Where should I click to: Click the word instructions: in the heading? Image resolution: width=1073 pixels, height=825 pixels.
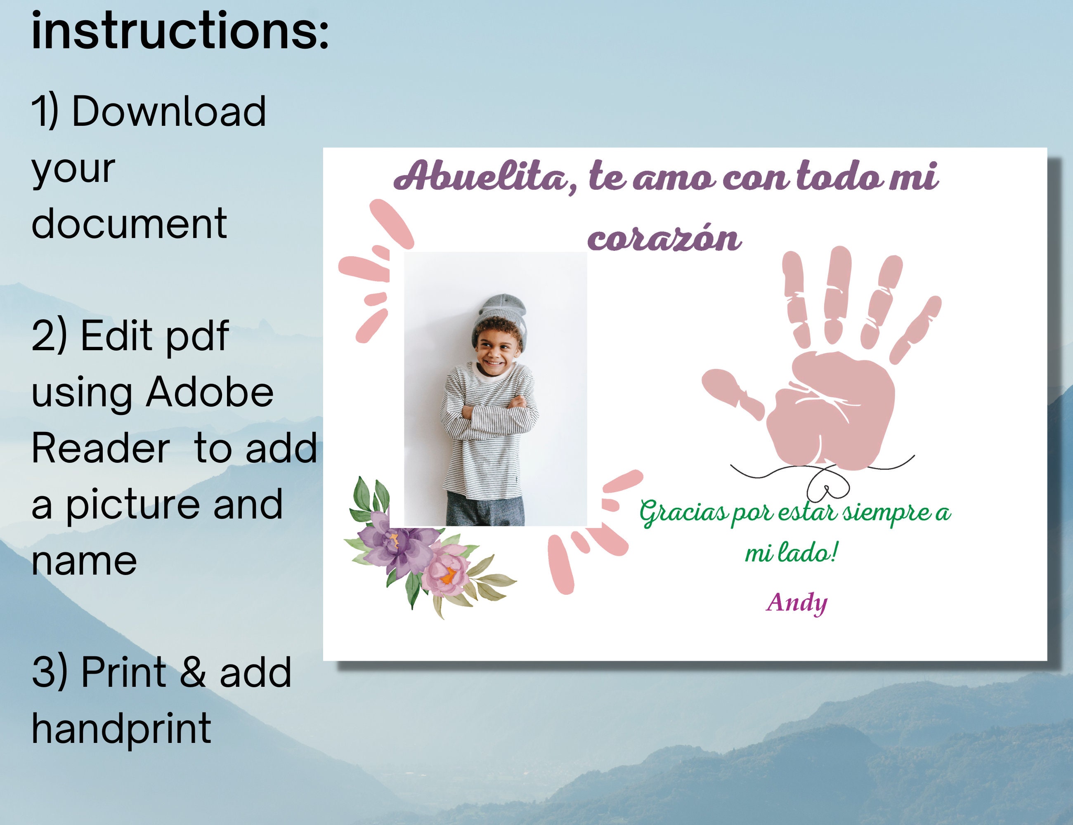click(180, 31)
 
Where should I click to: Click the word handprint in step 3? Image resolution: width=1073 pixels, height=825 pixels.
click(121, 729)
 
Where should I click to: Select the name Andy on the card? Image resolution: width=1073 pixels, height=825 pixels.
click(797, 603)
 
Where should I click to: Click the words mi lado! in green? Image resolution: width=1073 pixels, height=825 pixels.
click(791, 554)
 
